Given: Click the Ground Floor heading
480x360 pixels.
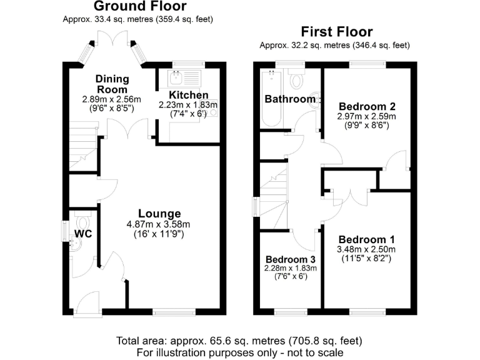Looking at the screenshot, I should click(139, 7).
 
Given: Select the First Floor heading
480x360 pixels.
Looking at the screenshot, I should click(337, 32).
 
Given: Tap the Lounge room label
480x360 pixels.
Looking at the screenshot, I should click(159, 214).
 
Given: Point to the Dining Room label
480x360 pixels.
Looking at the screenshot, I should click(112, 84).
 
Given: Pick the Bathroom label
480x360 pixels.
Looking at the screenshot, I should click(290, 99).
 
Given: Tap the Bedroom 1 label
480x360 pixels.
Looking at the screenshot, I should click(366, 239).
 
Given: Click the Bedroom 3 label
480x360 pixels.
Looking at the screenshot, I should click(290, 259).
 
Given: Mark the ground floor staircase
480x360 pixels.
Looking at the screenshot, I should click(82, 147).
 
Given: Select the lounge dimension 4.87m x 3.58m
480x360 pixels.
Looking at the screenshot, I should click(159, 225).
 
